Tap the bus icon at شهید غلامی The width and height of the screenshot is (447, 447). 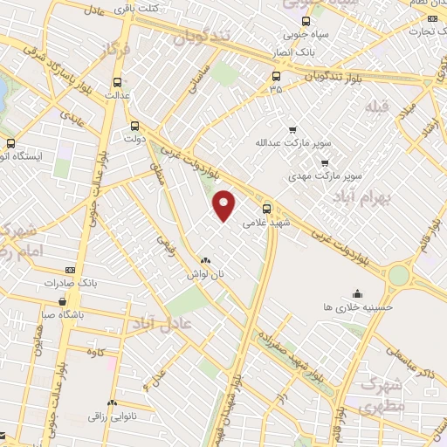[267, 208]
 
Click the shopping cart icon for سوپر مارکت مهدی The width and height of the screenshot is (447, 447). [324, 162]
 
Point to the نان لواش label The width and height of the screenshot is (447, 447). [204, 273]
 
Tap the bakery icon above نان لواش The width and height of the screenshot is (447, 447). [205, 260]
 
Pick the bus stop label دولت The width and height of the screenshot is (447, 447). [134, 138]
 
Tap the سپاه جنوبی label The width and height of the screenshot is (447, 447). [303, 36]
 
